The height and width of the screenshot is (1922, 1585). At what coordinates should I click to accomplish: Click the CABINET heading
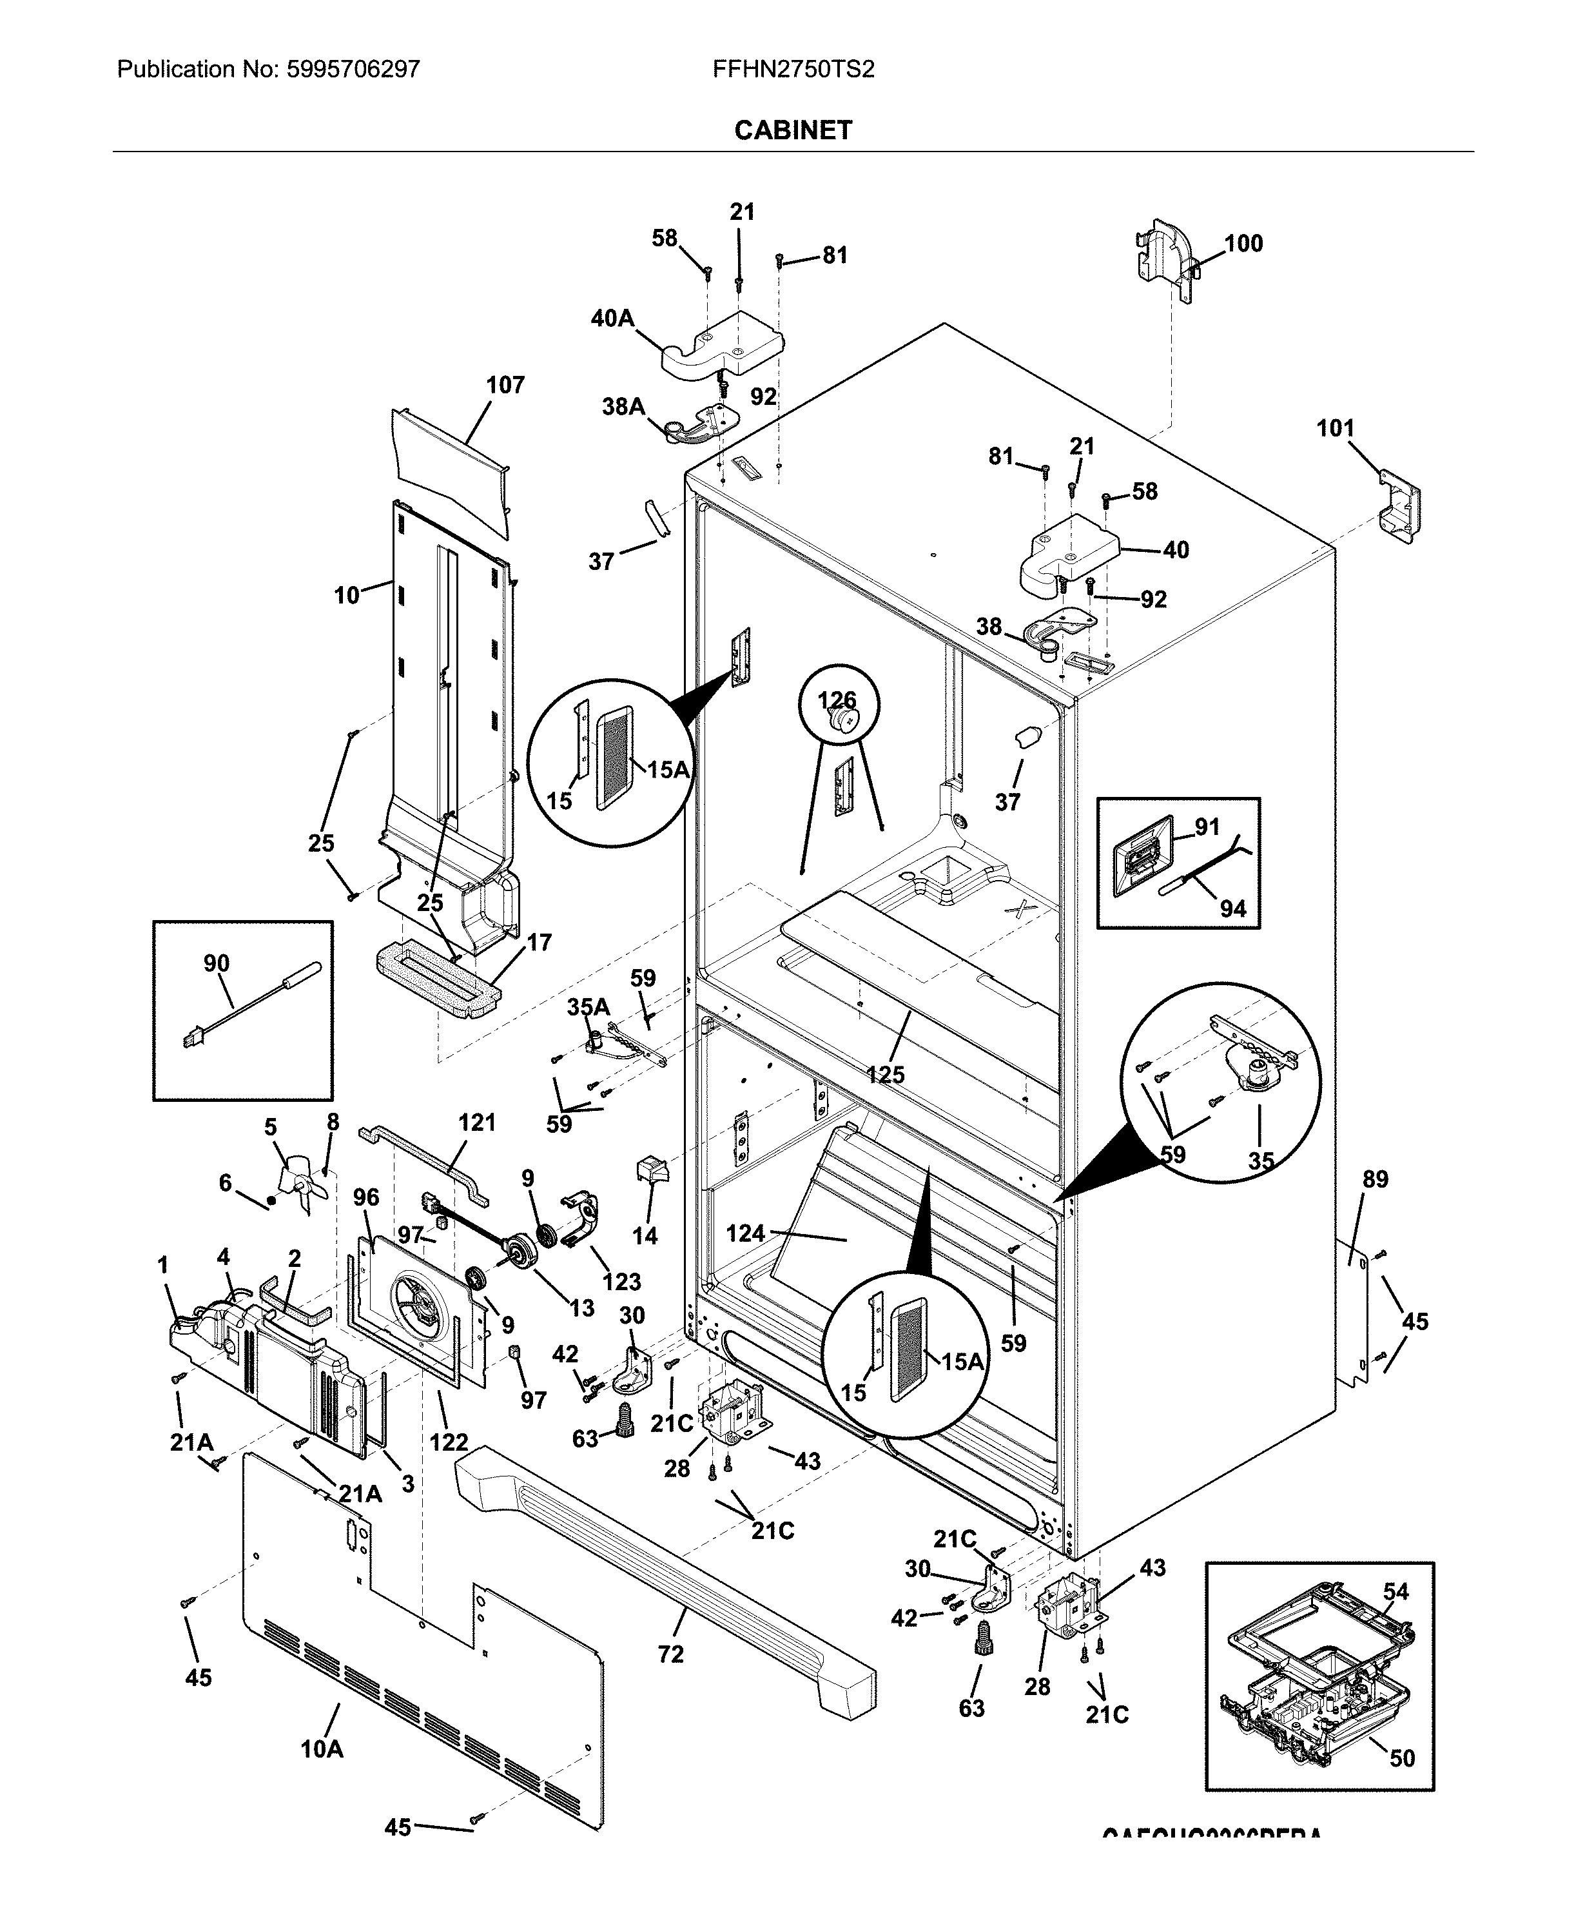pyautogui.click(x=793, y=131)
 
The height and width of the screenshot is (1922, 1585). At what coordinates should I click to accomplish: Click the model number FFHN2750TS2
pyautogui.click(x=793, y=70)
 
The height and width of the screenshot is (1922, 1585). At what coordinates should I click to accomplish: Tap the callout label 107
pyautogui.click(x=505, y=386)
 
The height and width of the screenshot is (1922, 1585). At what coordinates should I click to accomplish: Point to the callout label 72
pyautogui.click(x=671, y=1654)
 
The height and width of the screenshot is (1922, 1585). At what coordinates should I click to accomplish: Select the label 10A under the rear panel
pyautogui.click(x=322, y=1749)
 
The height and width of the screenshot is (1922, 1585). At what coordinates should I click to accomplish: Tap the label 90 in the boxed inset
pyautogui.click(x=217, y=963)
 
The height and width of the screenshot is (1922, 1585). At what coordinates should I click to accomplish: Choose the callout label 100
pyautogui.click(x=1243, y=244)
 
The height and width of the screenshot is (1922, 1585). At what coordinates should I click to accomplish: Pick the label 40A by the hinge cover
pyautogui.click(x=612, y=319)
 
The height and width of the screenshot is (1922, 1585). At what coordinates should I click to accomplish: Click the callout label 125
pyautogui.click(x=886, y=1075)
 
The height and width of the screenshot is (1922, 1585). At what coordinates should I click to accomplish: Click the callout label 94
pyautogui.click(x=1232, y=908)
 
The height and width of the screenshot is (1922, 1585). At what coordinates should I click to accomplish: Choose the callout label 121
pyautogui.click(x=476, y=1123)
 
